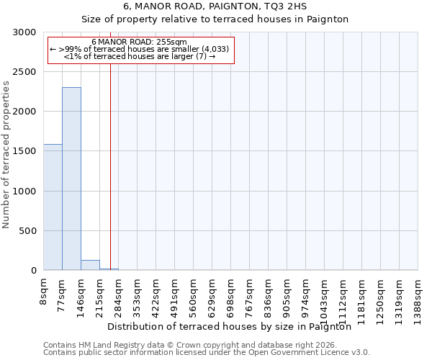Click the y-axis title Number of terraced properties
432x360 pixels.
[6, 155]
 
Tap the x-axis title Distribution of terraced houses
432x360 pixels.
[233, 327]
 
